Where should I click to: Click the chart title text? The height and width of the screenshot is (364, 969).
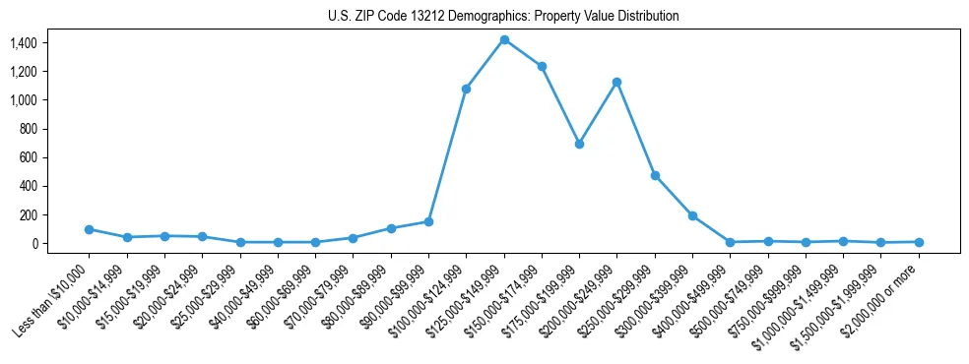pos(503,17)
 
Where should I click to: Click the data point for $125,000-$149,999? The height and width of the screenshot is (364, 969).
pos(504,40)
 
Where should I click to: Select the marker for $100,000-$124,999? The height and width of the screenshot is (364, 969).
pos(466,89)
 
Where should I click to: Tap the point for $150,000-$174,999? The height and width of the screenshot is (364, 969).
pos(542,66)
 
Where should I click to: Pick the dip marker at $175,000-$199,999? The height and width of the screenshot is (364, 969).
pos(579,144)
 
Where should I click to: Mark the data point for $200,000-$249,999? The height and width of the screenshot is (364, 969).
pos(616,82)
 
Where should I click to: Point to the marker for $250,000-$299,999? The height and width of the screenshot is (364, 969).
pos(655,175)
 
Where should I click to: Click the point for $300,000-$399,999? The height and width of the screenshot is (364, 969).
pos(692,215)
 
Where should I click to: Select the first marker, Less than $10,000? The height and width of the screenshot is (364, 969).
pos(89,229)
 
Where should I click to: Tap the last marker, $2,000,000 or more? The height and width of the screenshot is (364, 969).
pos(919,242)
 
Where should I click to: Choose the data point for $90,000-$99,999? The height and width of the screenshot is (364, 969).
pos(428,221)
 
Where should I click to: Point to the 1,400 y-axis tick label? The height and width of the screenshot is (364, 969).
pos(23,43)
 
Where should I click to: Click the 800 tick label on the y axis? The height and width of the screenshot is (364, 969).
pos(28,129)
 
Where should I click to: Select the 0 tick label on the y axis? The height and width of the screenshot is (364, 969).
pos(33,244)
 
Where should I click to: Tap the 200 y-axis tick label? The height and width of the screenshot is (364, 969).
pos(28,215)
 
